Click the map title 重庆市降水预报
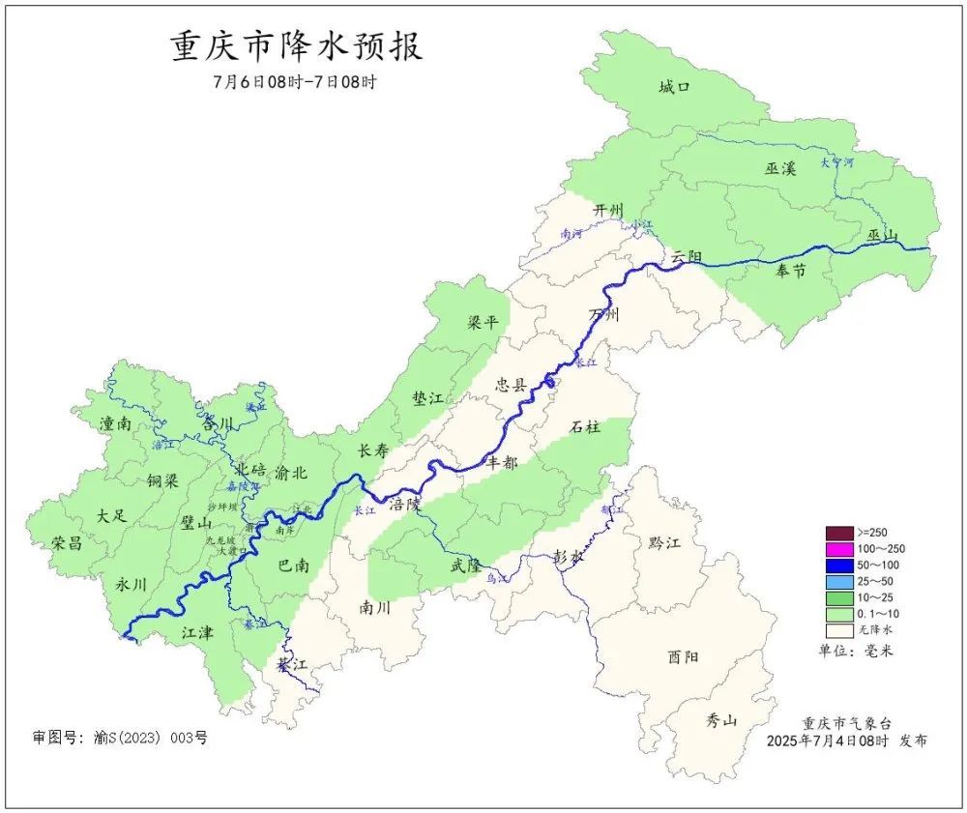pos(297,46)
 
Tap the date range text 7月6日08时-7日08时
pos(294,82)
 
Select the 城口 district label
pos(674,88)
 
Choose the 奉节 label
pos(790,272)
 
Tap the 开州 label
pos(608,210)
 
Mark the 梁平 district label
pos(483,322)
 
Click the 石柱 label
pos(585,426)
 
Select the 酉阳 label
pos(684,656)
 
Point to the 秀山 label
pos(720,720)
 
